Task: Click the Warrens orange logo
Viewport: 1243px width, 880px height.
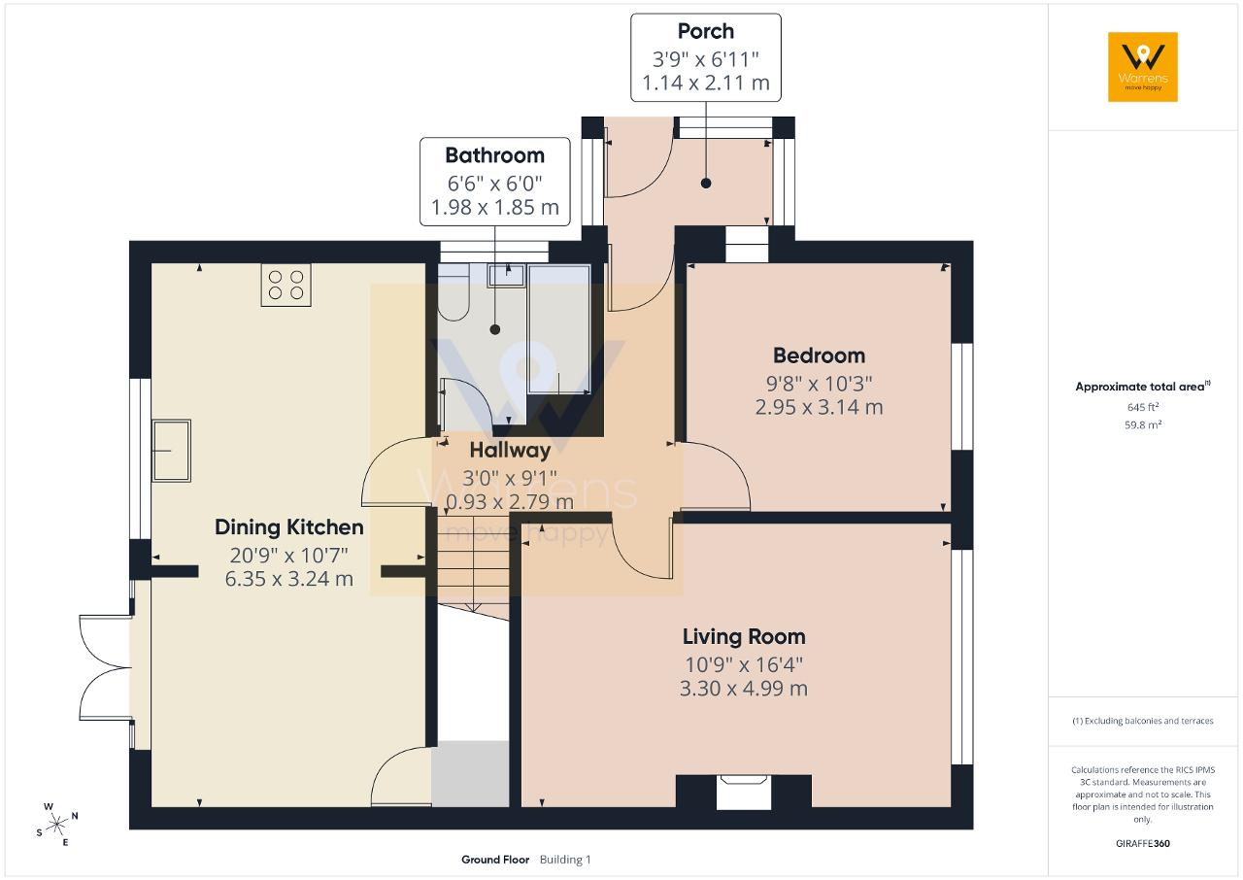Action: coord(1143,67)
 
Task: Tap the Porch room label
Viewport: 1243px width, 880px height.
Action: coord(705,31)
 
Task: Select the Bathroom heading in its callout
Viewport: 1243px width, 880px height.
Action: coord(494,155)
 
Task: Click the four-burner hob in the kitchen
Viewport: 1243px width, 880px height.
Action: coord(286,285)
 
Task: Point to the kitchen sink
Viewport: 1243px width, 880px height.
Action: coord(172,450)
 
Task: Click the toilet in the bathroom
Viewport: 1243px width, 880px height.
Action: coord(454,292)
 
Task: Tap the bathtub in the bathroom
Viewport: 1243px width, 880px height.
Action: coord(558,329)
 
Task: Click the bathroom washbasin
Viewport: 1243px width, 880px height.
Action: coord(506,275)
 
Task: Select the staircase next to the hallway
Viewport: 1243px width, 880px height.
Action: coord(473,560)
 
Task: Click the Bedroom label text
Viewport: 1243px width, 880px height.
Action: coord(819,355)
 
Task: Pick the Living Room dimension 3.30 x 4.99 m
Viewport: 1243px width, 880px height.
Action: coord(744,689)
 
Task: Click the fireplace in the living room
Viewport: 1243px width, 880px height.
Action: coord(744,792)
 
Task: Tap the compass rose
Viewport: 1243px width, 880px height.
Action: coord(56,825)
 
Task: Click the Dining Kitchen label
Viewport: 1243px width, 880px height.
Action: coord(289,527)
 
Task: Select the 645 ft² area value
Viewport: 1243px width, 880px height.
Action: coord(1143,407)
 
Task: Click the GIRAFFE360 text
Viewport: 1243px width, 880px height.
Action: coord(1143,843)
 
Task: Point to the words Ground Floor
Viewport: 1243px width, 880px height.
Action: coord(495,860)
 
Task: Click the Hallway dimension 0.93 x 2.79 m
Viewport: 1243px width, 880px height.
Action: coord(510,501)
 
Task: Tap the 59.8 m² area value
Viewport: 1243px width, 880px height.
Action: coord(1143,425)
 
